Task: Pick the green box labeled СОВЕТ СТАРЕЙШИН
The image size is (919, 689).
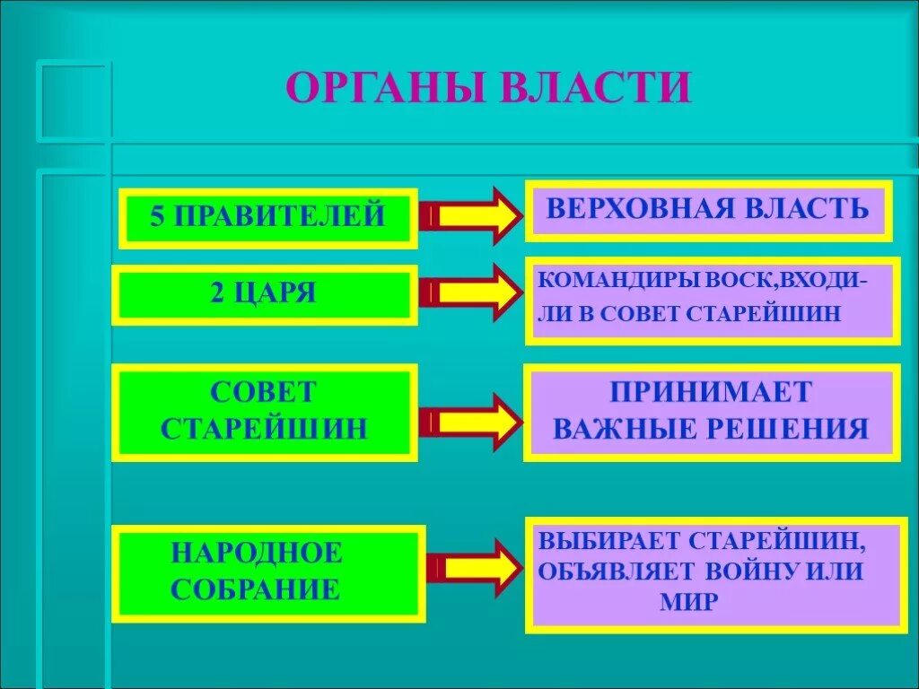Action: click(265, 412)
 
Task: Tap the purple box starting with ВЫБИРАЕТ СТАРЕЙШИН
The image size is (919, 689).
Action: click(714, 574)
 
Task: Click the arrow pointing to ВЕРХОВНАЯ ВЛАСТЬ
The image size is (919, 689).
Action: click(470, 216)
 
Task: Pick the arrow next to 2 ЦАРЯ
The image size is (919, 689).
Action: click(470, 292)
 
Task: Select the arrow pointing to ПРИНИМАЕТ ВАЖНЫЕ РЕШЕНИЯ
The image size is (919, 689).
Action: click(470, 419)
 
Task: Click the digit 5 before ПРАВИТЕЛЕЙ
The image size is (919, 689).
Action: click(158, 216)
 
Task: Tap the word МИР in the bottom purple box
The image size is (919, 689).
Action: click(688, 601)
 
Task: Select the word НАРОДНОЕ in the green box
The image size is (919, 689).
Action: click(257, 552)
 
